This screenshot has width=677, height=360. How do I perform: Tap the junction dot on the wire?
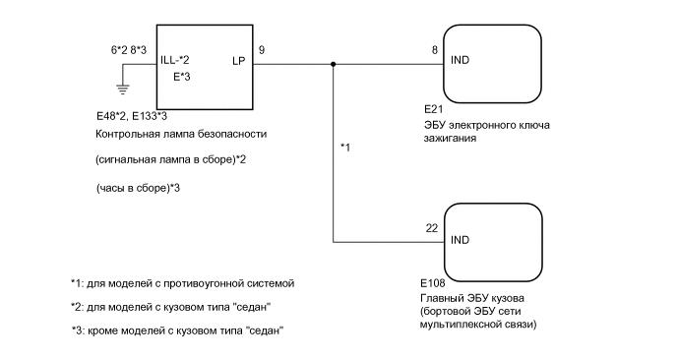[x=334, y=66]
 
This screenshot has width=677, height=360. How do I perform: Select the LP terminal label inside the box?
[x=238, y=60]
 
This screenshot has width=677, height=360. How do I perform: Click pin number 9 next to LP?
[x=261, y=48]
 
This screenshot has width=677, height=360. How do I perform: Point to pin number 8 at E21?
[x=434, y=48]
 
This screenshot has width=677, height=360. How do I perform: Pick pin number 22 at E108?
[x=431, y=227]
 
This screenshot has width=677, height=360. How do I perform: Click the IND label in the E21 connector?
[x=459, y=61]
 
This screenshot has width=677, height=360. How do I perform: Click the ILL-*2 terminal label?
[x=177, y=60]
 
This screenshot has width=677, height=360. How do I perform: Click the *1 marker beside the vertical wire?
[x=345, y=148]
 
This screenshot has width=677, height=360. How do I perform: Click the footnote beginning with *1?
[x=182, y=283]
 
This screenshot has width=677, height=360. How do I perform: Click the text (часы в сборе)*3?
[x=138, y=187]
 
